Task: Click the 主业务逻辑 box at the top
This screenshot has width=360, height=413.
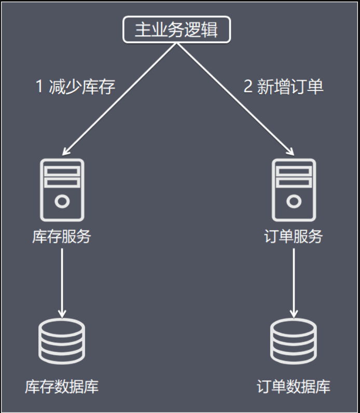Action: pyautogui.click(x=176, y=30)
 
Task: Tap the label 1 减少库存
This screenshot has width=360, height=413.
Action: pyautogui.click(x=75, y=87)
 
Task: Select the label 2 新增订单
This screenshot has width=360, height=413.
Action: pyautogui.click(x=283, y=87)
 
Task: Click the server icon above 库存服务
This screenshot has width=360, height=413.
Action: pyautogui.click(x=62, y=190)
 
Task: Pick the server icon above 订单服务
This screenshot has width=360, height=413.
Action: pyautogui.click(x=294, y=190)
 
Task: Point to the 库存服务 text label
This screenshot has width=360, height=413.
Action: pyautogui.click(x=62, y=237)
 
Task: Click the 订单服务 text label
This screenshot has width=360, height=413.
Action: pyautogui.click(x=294, y=237)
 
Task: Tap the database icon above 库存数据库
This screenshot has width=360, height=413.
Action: pyautogui.click(x=62, y=341)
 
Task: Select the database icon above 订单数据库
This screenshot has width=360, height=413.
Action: pyautogui.click(x=294, y=341)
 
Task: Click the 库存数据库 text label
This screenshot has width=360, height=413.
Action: pyautogui.click(x=62, y=387)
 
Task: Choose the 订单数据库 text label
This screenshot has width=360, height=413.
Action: pyautogui.click(x=294, y=387)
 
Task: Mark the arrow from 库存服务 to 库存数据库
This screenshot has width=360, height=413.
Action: pyautogui.click(x=62, y=283)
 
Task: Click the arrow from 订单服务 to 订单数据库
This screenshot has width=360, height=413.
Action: pyautogui.click(x=294, y=283)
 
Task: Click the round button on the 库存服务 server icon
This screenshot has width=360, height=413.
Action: pyautogui.click(x=62, y=201)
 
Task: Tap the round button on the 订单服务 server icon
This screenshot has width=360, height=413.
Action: pyautogui.click(x=294, y=201)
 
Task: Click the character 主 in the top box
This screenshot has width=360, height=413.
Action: pyautogui.click(x=142, y=30)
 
